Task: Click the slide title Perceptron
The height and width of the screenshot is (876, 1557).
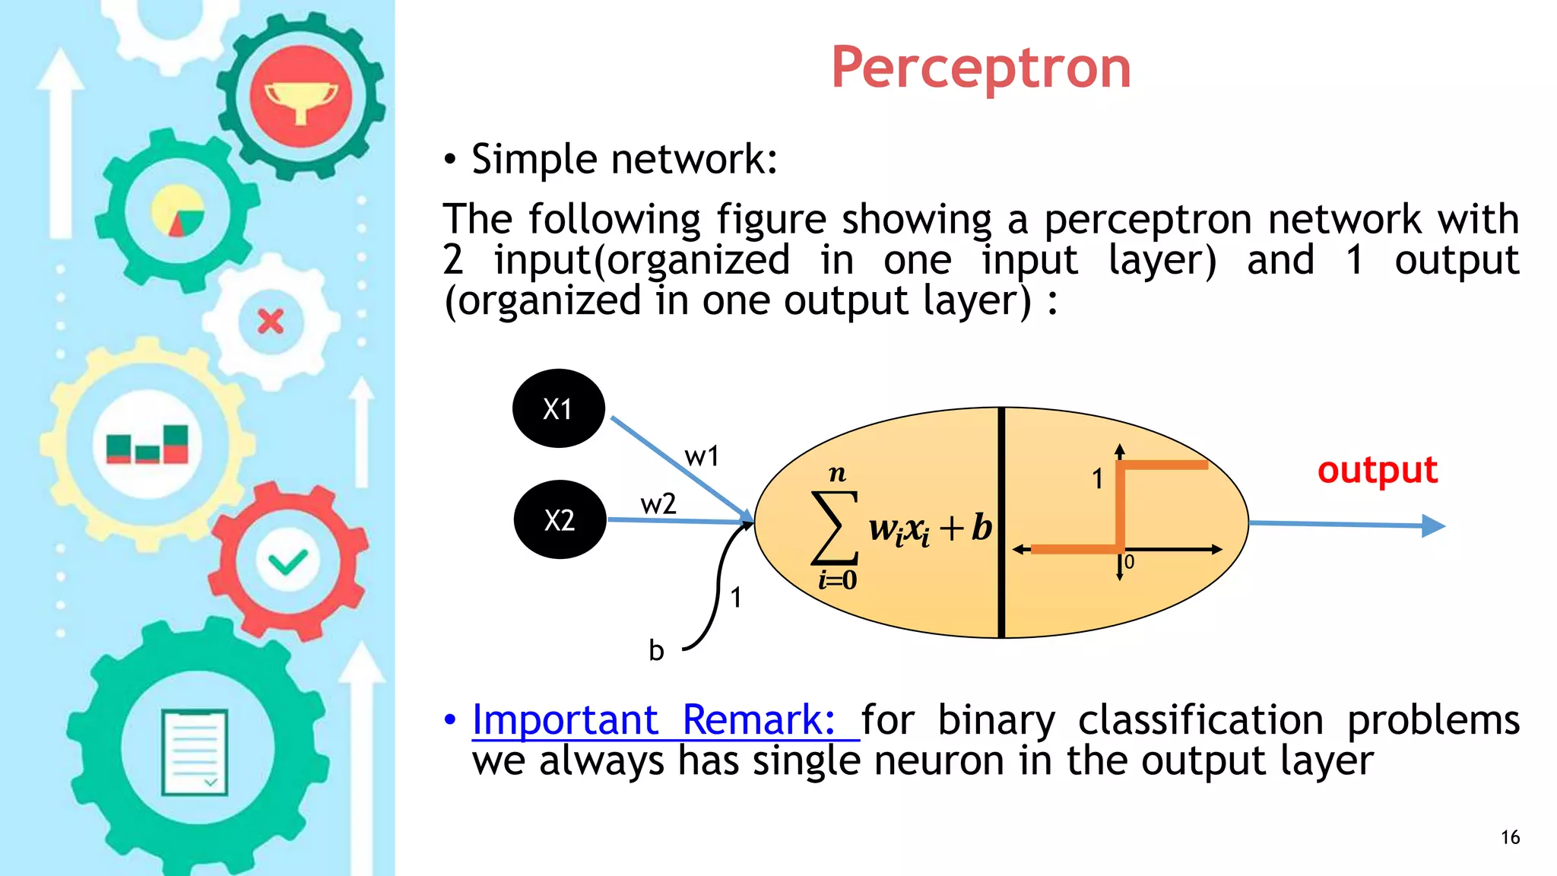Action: pyautogui.click(x=981, y=68)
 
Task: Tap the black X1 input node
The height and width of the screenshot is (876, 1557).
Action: pyautogui.click(x=559, y=408)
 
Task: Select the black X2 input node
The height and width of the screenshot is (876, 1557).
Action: pyautogui.click(x=560, y=520)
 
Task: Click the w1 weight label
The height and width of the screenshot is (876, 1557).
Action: pyautogui.click(x=701, y=456)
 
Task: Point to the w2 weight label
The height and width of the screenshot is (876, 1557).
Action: pyautogui.click(x=658, y=504)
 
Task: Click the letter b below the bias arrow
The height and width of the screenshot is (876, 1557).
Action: pyautogui.click(x=656, y=651)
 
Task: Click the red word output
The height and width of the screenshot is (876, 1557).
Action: pyautogui.click(x=1377, y=470)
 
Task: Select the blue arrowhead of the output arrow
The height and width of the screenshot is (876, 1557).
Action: pyautogui.click(x=1432, y=525)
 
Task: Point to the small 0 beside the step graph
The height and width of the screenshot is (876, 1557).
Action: pyautogui.click(x=1129, y=563)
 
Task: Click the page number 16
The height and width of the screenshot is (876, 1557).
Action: pyautogui.click(x=1510, y=837)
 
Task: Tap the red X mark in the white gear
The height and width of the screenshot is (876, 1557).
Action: pyautogui.click(x=271, y=322)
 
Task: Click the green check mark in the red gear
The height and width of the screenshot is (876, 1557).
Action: pyautogui.click(x=287, y=563)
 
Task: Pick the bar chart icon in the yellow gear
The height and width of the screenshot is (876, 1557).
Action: pyautogui.click(x=147, y=444)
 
